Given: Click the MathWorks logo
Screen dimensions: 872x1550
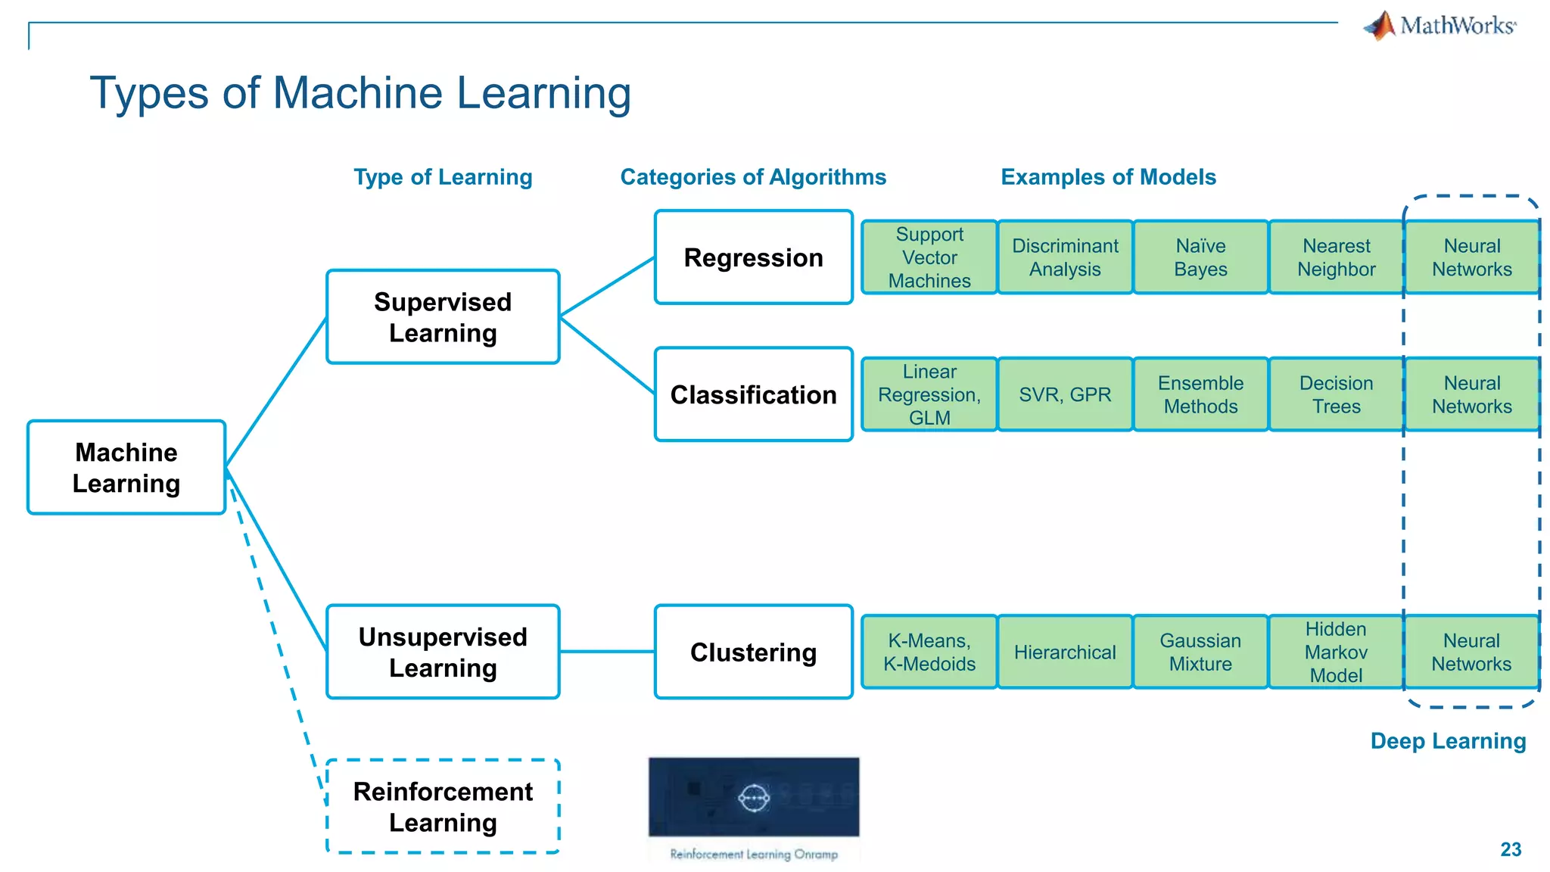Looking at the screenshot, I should point(1440,26).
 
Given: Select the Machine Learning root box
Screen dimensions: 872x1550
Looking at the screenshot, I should point(126,468).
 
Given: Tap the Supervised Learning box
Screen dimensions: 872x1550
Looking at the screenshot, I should point(443,317).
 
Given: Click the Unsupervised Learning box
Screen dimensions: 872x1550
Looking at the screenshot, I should point(443,652).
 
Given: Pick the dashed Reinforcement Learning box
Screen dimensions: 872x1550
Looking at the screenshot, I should point(443,806).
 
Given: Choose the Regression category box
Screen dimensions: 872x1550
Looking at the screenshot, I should point(753,257).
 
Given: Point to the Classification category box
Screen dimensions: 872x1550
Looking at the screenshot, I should point(753,394).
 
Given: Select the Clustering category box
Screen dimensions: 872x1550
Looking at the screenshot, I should point(753,652).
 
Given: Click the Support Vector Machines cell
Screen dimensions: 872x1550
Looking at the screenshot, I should point(929,257).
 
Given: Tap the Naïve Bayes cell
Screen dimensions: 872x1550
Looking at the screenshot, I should point(1200,257).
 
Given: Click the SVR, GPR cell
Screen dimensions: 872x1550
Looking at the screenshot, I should point(1065,394).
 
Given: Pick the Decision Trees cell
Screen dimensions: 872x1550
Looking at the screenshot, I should point(1336,394).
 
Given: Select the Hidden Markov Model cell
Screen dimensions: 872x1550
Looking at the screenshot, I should point(1336,652).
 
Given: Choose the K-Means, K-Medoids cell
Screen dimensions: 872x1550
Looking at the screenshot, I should point(929,652).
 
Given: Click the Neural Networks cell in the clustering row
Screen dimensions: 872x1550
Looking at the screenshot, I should point(1471,652).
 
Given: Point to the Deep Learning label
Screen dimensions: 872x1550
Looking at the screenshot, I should point(1448,740).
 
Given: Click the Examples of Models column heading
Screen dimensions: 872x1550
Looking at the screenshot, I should point(1108,177).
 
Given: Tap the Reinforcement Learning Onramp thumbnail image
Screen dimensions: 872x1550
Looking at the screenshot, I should point(754,797).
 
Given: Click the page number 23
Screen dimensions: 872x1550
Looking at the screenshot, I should point(1511,849).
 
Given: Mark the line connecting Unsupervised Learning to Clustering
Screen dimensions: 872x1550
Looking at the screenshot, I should point(607,651).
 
